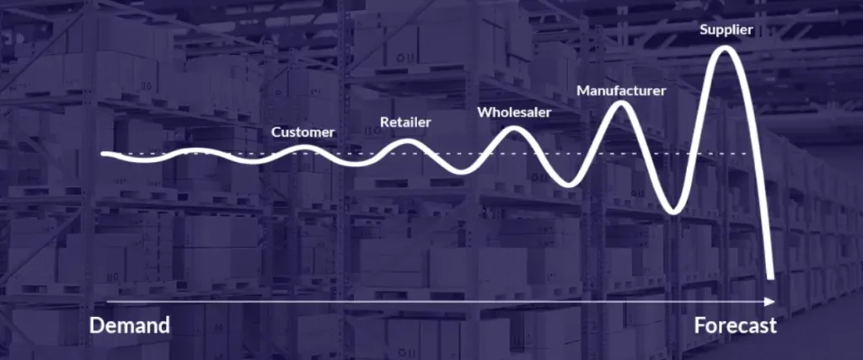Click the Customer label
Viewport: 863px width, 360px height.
click(x=303, y=132)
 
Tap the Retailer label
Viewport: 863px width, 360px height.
click(x=405, y=122)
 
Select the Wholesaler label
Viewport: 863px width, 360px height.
click(x=514, y=112)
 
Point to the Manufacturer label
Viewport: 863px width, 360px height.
click(x=621, y=91)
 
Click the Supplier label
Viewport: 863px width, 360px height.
click(x=726, y=30)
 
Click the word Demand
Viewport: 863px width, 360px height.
click(x=129, y=325)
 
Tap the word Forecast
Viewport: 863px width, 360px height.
click(x=735, y=325)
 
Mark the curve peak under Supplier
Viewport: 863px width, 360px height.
click(x=725, y=49)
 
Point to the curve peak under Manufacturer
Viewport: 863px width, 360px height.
click(x=621, y=104)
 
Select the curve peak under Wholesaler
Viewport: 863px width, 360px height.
click(x=513, y=129)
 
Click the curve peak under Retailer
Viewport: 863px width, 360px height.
click(x=407, y=142)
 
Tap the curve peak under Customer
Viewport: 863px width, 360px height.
click(x=307, y=147)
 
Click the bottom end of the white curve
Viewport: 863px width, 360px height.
click(x=770, y=277)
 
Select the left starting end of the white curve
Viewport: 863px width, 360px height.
click(x=104, y=154)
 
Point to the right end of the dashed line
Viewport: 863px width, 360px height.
click(x=749, y=153)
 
